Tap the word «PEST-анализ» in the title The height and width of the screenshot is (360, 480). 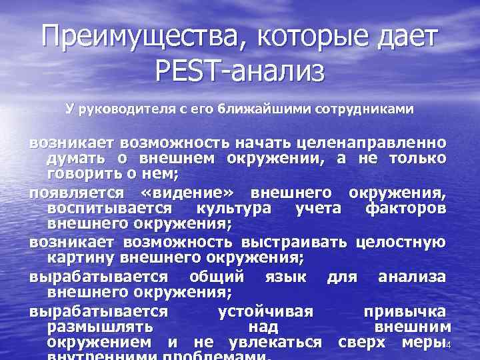click(x=240, y=70)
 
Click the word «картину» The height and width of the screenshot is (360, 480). click(x=76, y=255)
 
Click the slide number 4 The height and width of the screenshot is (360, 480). click(x=450, y=345)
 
